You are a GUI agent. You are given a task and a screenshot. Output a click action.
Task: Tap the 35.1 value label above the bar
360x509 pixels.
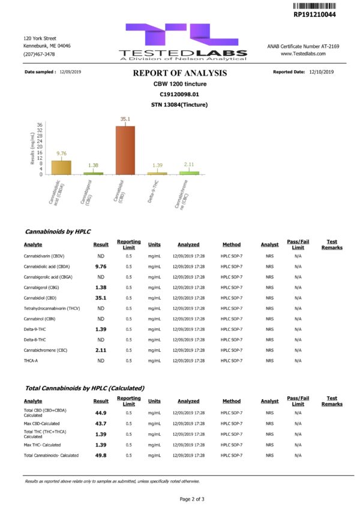click(125, 119)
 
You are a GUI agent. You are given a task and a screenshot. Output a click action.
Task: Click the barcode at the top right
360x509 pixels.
click(314, 5)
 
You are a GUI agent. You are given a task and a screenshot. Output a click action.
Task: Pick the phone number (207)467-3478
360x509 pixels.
click(39, 54)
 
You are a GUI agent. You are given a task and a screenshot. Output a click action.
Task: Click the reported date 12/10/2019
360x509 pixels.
click(321, 72)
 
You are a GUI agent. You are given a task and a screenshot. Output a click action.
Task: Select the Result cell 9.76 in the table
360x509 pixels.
click(101, 267)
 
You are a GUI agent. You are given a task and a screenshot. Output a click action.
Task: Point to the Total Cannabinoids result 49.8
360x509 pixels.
click(101, 455)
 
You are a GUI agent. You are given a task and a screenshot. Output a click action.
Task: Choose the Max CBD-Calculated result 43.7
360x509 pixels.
click(101, 424)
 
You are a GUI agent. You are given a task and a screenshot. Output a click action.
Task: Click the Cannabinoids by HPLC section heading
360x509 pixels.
click(58, 231)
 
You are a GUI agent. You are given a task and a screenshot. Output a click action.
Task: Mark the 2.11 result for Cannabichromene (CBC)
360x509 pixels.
click(101, 350)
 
